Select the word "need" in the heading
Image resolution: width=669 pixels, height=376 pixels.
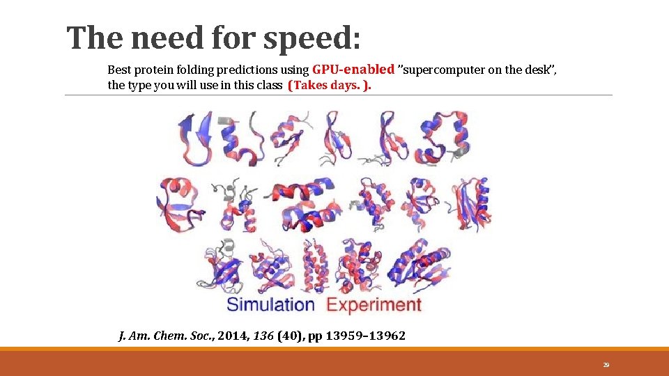(163, 38)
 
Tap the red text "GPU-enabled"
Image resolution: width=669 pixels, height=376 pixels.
(353, 70)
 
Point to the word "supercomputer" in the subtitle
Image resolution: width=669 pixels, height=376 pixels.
(454, 70)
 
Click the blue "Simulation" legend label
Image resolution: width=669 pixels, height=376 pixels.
(270, 304)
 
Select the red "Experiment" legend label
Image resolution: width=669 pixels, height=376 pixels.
(374, 304)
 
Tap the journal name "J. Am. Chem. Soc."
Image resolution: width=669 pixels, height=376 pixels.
(165, 336)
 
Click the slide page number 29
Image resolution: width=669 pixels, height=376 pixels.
(606, 365)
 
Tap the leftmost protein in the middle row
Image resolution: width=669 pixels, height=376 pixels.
(180, 202)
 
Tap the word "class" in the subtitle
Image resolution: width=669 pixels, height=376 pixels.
(268, 86)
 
